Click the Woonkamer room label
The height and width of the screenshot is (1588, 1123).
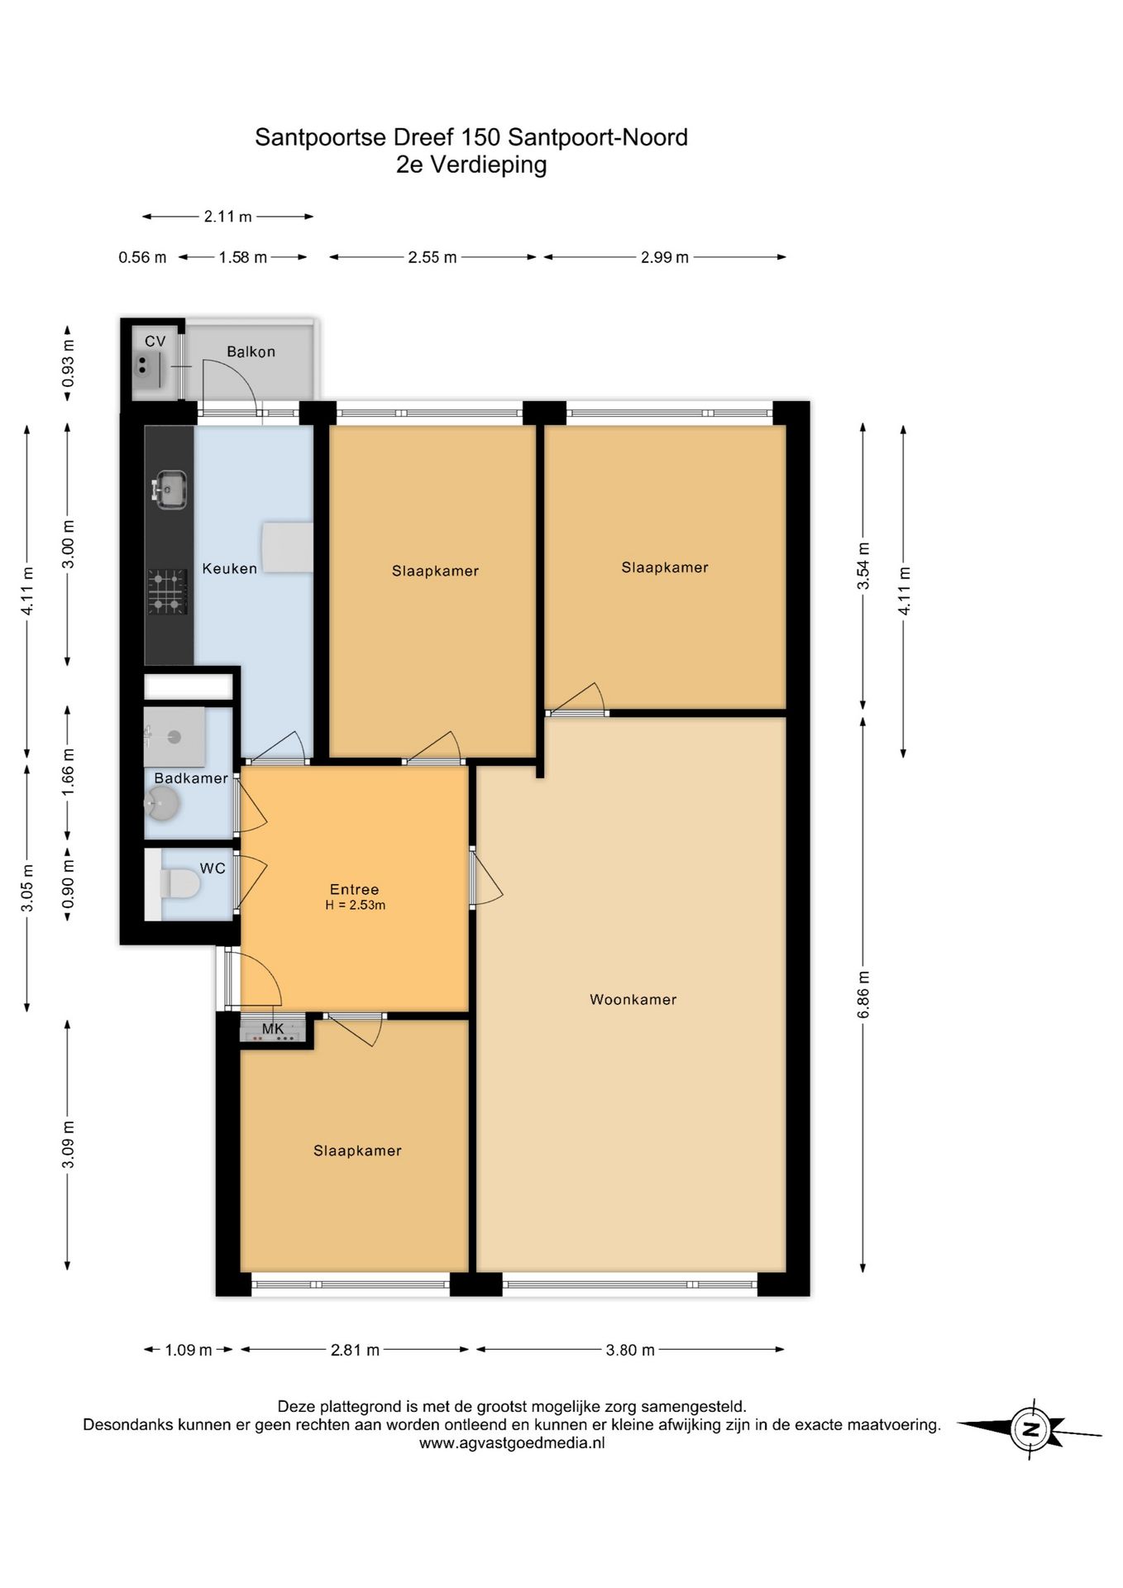point(633,999)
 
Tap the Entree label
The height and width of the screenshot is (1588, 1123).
point(354,889)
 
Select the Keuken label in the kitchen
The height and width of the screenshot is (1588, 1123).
point(229,568)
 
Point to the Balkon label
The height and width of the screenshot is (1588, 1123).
point(251,352)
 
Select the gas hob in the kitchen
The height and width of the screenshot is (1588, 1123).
point(167,591)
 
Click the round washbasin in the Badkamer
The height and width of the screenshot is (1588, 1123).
point(162,803)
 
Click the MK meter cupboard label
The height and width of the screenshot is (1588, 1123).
point(273,1029)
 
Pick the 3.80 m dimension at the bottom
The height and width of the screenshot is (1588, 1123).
point(630,1350)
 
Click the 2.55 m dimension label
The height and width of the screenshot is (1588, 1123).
point(432,257)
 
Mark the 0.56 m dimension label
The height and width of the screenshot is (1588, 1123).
point(142,257)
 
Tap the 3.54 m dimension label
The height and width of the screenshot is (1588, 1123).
point(863,567)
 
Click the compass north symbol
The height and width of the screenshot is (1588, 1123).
point(1030,1428)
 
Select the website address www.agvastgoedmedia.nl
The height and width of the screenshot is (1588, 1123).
point(512,1443)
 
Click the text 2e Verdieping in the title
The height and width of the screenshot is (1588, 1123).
point(471,165)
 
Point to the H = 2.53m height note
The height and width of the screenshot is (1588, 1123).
point(356,905)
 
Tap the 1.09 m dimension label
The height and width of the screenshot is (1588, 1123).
point(189,1350)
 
